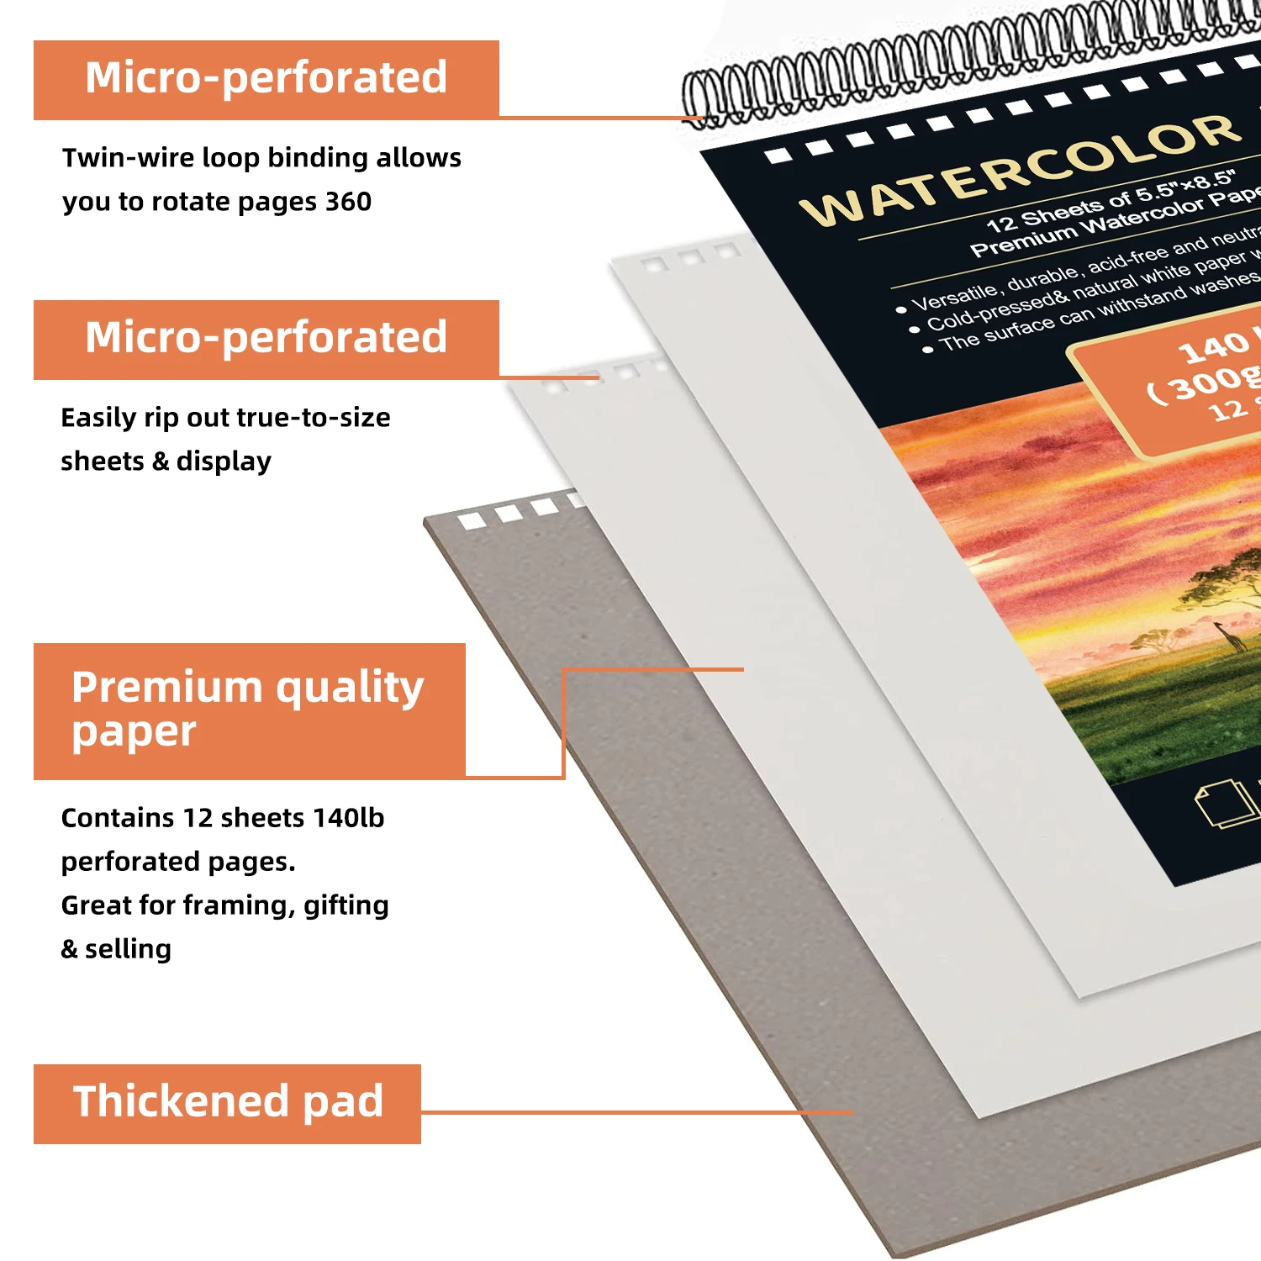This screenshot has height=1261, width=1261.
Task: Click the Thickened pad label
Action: [227, 1103]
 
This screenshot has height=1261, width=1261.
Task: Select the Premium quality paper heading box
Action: [249, 710]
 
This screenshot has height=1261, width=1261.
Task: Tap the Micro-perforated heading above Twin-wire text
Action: [266, 79]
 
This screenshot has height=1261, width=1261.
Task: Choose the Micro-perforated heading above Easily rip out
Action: [266, 339]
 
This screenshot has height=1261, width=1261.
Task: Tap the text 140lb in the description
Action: [348, 818]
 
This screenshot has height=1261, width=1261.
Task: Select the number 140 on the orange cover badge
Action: [1214, 346]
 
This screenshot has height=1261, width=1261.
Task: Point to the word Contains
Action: [117, 818]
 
